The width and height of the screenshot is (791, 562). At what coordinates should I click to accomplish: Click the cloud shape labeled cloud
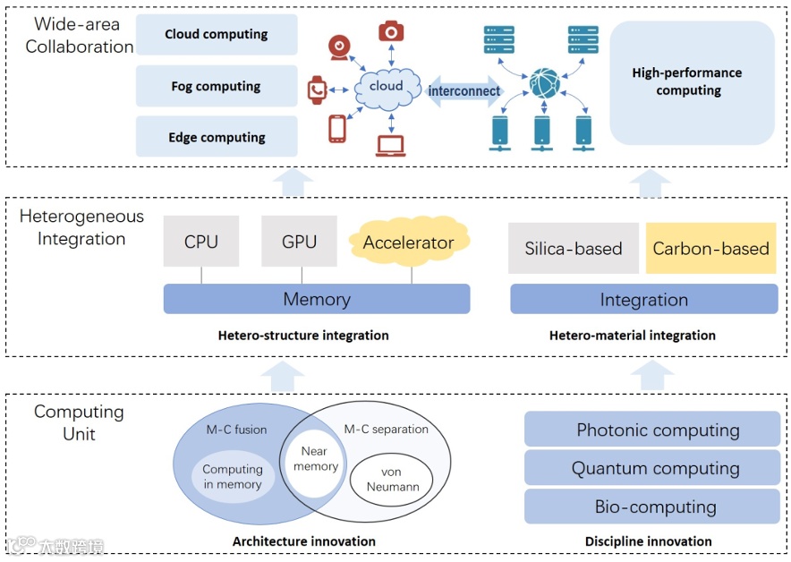pos(386,86)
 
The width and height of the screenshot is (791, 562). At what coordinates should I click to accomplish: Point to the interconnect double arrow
pos(464,91)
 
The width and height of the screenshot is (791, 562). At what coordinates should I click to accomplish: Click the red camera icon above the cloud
pos(390,31)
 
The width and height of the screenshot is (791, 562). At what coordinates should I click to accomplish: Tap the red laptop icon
pos(390,145)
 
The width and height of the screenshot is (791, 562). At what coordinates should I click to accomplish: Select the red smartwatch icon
pos(317,89)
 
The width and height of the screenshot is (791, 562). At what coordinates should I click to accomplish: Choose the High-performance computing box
pos(692,82)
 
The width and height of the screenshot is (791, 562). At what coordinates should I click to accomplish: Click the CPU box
pos(201,242)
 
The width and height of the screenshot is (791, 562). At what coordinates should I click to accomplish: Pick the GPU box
pos(299,242)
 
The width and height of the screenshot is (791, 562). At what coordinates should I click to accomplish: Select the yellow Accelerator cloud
pos(409,242)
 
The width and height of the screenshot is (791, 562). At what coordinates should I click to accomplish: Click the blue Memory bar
pos(317,299)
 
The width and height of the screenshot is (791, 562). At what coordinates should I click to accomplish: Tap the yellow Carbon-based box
pos(711,248)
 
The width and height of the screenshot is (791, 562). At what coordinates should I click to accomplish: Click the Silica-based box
pos(574,248)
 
